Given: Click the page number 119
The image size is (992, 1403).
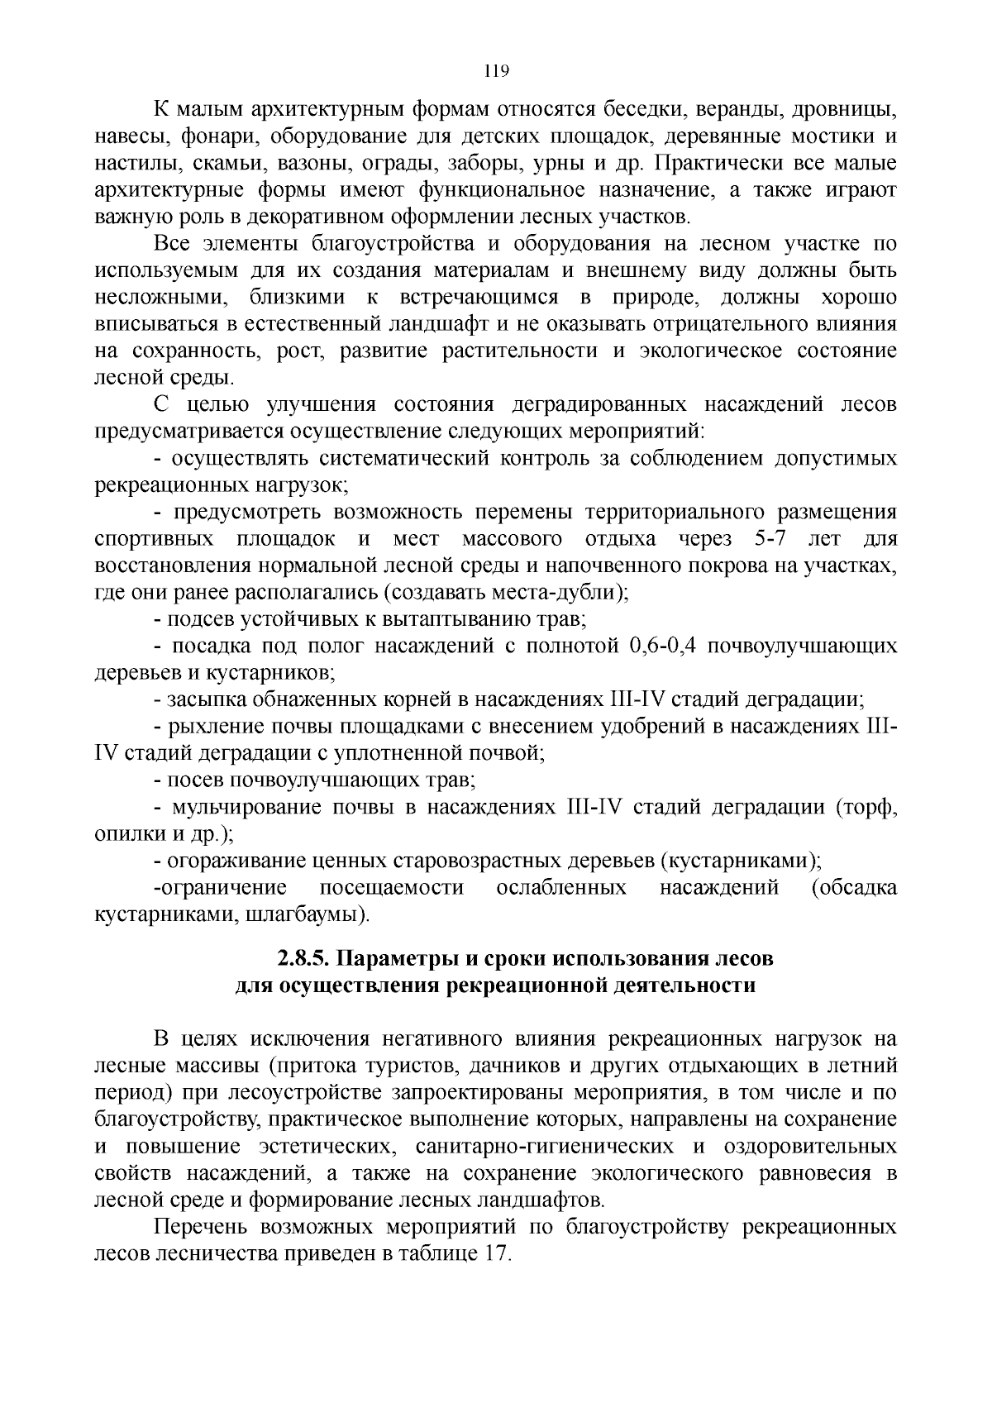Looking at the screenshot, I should [495, 71].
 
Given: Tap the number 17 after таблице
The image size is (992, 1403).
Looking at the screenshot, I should [495, 1253].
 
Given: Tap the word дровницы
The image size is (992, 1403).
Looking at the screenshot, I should [844, 110].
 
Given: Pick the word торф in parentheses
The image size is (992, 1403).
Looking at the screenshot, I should [867, 807].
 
